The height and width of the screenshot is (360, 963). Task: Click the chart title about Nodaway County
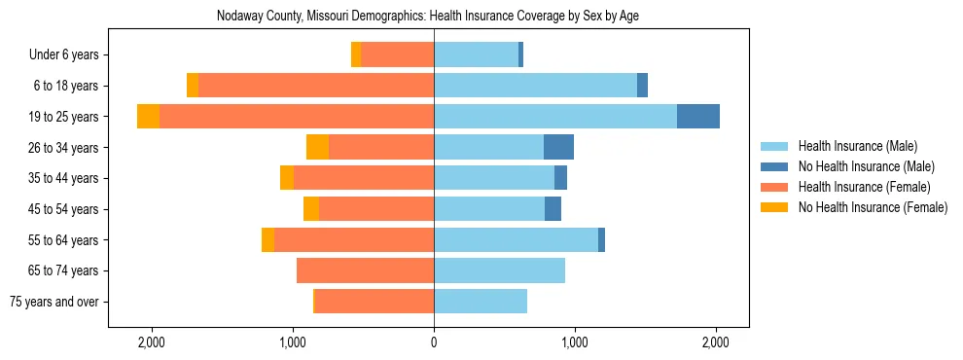(434, 17)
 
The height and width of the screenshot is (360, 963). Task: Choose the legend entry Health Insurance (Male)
(857, 146)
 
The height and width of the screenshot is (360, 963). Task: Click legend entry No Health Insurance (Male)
(866, 166)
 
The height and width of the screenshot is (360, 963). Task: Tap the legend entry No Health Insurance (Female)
(872, 207)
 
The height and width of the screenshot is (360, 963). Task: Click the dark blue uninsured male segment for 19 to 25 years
(698, 117)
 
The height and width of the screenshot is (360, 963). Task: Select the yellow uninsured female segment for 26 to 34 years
(317, 147)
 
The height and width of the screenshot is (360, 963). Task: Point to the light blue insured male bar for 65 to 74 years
(499, 270)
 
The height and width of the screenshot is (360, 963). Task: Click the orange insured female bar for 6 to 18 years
(316, 86)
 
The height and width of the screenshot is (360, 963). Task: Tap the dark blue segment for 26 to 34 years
(558, 147)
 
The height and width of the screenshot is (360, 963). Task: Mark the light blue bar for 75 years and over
(481, 302)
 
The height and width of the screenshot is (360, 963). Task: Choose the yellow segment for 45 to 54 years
(311, 209)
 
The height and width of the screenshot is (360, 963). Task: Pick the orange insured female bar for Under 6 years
(397, 55)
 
